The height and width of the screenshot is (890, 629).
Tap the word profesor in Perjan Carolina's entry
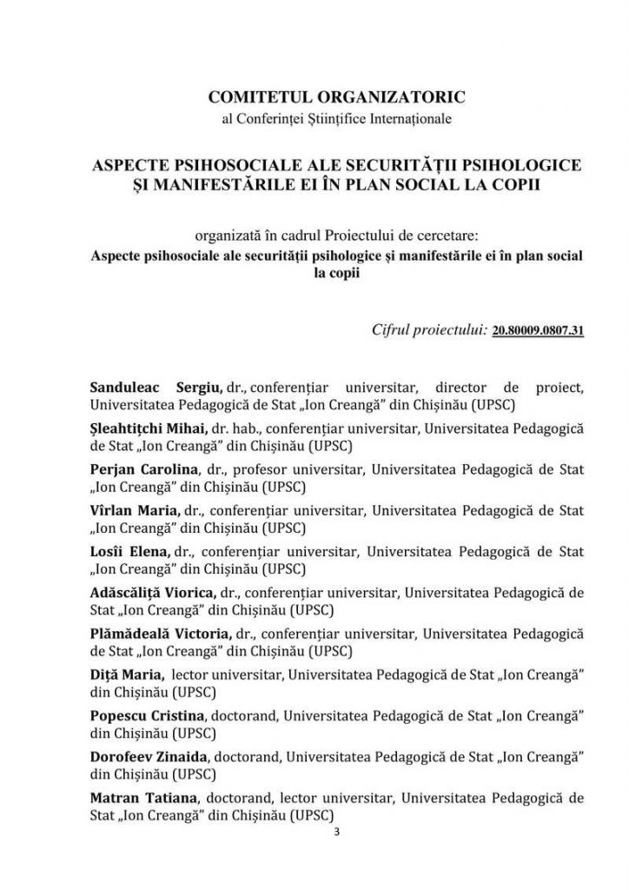pos(263,468)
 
